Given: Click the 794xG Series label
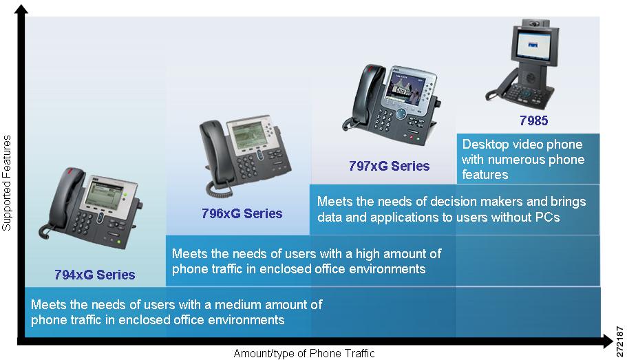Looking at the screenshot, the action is [x=95, y=275].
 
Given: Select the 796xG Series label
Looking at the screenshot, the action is [x=242, y=213].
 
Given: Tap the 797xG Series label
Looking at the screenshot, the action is [x=389, y=166].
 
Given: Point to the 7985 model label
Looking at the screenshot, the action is [x=534, y=120].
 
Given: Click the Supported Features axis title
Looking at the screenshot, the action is [x=6, y=183].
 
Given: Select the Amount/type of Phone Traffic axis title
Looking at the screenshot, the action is [x=304, y=354].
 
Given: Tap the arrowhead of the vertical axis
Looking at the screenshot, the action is [x=21, y=9].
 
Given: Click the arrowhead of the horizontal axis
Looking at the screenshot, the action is [x=607, y=341].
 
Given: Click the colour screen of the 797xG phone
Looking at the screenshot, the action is [x=402, y=91].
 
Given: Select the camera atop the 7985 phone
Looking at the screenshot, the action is [x=535, y=23].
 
